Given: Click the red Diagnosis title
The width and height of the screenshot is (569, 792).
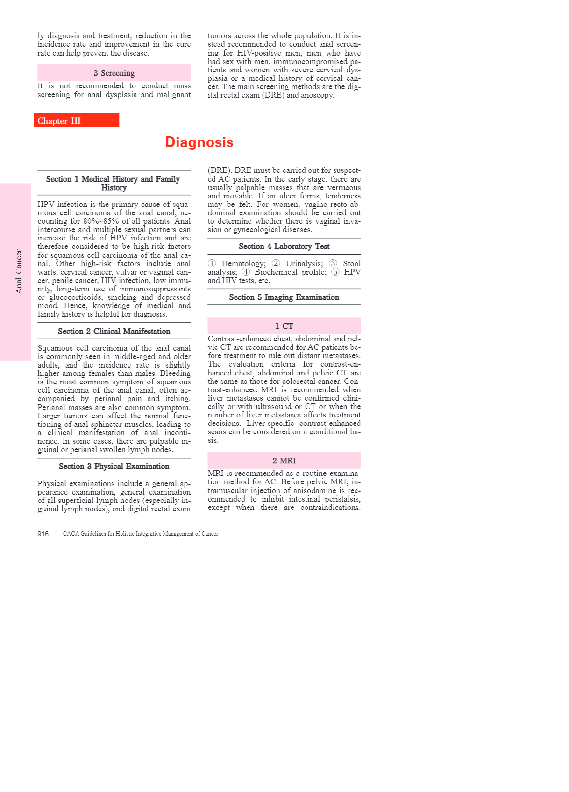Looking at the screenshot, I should (x=199, y=142).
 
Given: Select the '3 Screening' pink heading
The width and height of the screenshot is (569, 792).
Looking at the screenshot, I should (x=114, y=73).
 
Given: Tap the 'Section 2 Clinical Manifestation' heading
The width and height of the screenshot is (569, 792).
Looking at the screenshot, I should (x=114, y=331).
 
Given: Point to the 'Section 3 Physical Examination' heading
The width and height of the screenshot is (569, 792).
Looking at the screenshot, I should (x=114, y=466).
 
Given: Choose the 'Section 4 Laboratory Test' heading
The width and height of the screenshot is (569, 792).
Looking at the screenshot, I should (x=284, y=246).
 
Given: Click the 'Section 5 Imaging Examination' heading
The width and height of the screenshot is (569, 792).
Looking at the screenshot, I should (x=284, y=297).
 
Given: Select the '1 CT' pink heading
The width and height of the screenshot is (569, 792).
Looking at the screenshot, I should (x=284, y=326).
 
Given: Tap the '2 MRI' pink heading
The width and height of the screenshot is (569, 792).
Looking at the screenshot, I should (x=284, y=460).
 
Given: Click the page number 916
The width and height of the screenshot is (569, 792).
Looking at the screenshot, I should (x=43, y=534).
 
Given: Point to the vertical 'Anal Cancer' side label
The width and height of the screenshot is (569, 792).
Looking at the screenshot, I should (x=19, y=271).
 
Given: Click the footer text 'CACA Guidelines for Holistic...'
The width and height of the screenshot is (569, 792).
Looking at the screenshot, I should (x=141, y=534).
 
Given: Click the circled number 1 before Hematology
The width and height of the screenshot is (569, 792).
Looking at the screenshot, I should (x=212, y=263).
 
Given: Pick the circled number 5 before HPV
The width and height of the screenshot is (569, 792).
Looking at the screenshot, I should (x=335, y=272).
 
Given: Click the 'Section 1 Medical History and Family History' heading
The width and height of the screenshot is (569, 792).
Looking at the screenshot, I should (x=113, y=183).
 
